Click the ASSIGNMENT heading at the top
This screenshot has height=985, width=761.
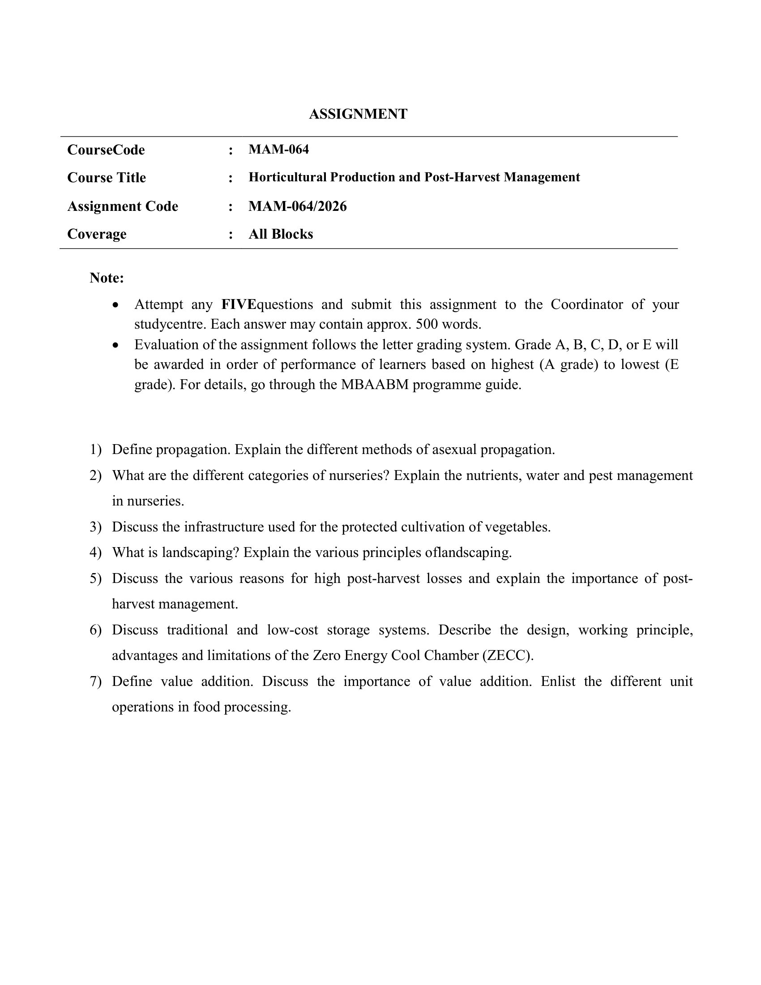tap(358, 114)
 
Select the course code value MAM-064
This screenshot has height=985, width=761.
tap(278, 149)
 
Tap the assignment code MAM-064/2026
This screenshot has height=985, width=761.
tap(298, 206)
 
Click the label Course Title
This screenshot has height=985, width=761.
tap(107, 178)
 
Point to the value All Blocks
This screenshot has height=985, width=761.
tap(280, 234)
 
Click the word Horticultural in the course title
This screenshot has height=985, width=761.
tap(288, 177)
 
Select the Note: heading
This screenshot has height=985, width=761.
tap(107, 278)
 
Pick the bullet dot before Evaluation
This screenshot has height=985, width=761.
tap(116, 345)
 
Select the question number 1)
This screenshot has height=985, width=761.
tap(96, 450)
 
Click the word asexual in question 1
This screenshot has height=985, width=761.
tap(454, 450)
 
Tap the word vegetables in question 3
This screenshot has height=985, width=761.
tap(517, 527)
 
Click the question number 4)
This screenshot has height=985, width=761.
tap(96, 552)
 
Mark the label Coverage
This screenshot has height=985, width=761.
tap(97, 234)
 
